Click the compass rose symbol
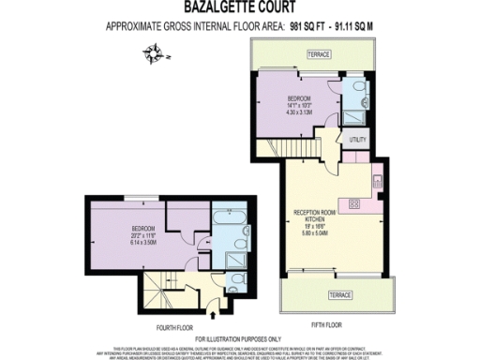pyautogui.click(x=156, y=59)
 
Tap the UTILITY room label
pyautogui.click(x=358, y=140)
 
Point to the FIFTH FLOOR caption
pyautogui.click(x=328, y=325)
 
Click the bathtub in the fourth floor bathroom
pyautogui.click(x=231, y=221)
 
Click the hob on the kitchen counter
pyautogui.click(x=355, y=202)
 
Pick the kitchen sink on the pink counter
pyautogui.click(x=375, y=179)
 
